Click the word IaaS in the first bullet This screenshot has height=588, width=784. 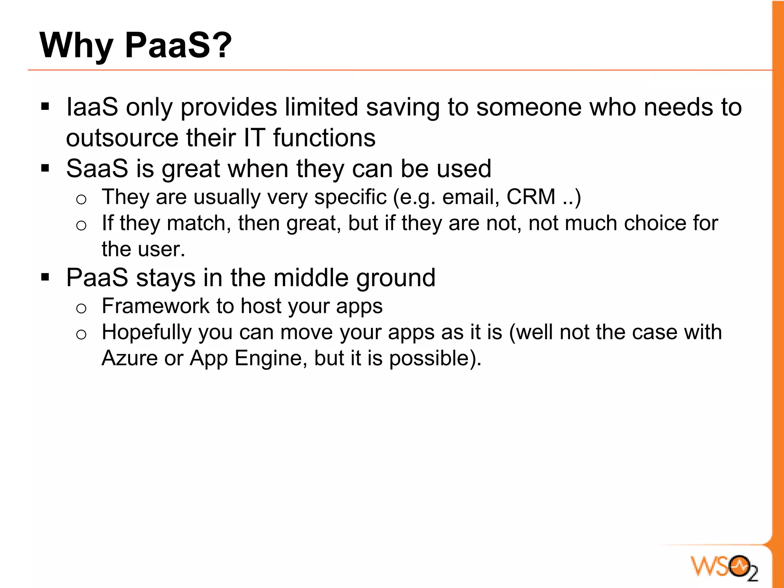click(x=92, y=107)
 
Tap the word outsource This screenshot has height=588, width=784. click(x=122, y=138)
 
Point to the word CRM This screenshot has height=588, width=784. click(x=531, y=197)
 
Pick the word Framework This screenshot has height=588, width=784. click(x=155, y=306)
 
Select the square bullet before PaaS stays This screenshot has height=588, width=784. click(x=45, y=277)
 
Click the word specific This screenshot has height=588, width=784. click(x=350, y=197)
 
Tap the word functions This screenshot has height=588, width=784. click(x=324, y=138)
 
